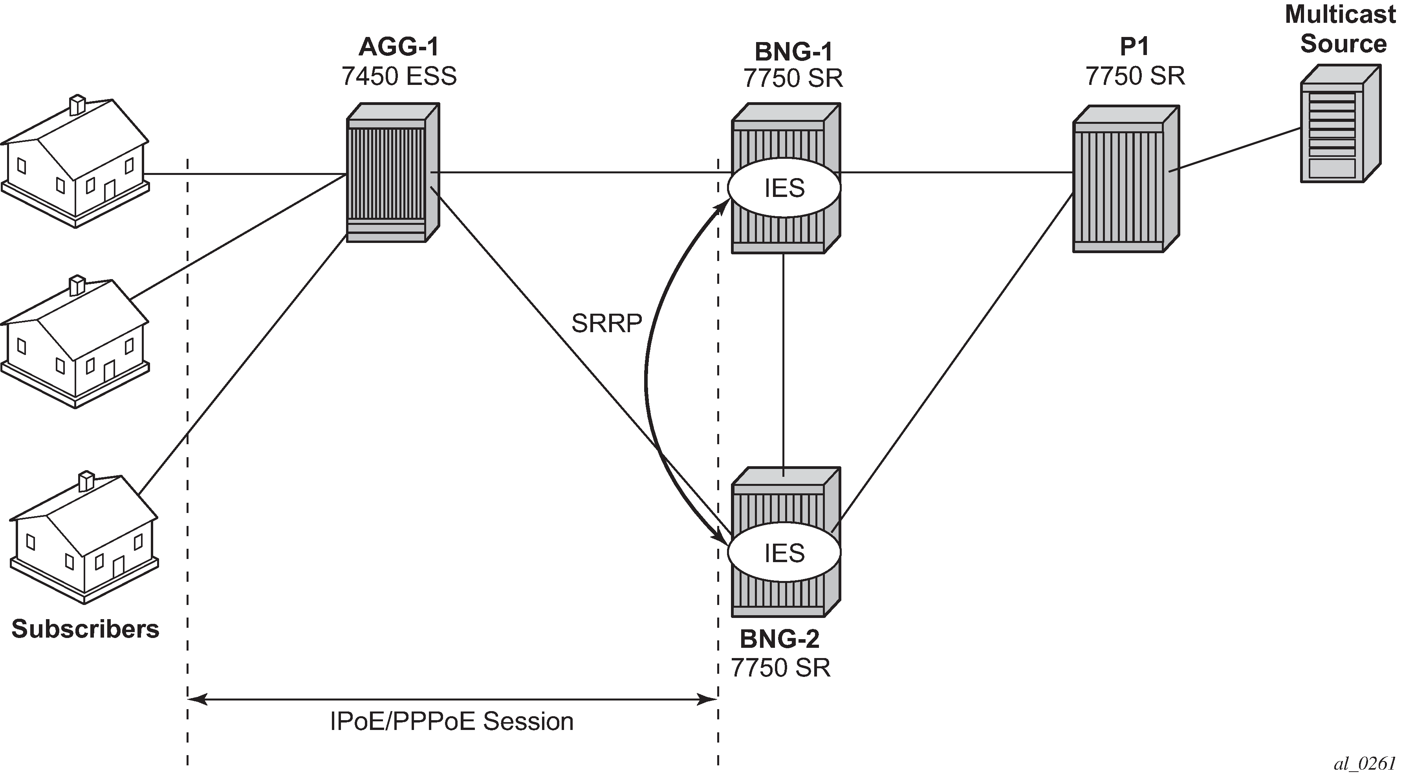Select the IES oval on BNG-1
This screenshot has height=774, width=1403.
pos(784,188)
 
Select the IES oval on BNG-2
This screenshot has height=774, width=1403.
pos(784,553)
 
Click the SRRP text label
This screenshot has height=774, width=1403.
pos(606,324)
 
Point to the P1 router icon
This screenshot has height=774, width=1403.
pos(1125,180)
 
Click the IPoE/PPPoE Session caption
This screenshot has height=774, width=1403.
pos(452,722)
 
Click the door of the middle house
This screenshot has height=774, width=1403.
pos(110,371)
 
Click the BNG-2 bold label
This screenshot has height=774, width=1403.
pos(779,639)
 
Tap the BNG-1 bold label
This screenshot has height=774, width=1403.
pos(793,52)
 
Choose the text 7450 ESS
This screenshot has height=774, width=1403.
pos(399,76)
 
